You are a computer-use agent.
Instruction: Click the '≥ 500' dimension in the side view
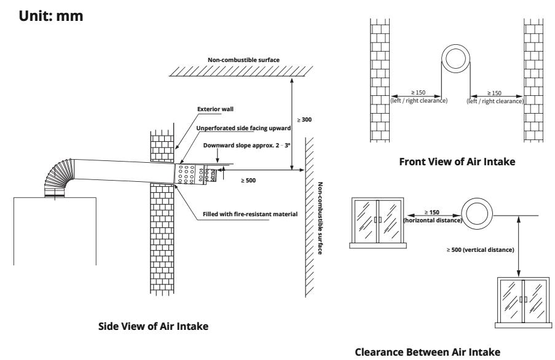tap(248, 182)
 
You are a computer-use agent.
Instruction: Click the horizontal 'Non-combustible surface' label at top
tap(243, 60)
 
